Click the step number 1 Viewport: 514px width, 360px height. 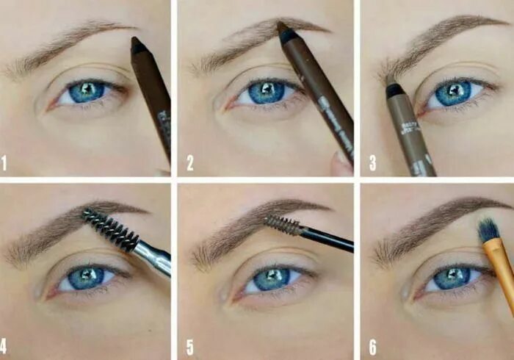click(x=4, y=163)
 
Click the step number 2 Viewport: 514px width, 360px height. click(x=189, y=163)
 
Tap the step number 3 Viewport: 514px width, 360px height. click(x=372, y=163)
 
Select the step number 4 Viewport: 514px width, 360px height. click(x=4, y=345)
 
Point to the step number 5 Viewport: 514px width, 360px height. click(x=189, y=345)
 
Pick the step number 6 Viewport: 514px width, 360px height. click(x=372, y=345)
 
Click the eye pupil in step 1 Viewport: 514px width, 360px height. click(x=87, y=92)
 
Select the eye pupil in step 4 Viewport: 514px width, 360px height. click(x=86, y=278)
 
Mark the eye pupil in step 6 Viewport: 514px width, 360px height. click(x=452, y=278)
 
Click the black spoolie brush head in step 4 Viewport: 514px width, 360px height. click(x=110, y=228)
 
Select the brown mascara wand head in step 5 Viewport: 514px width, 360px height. click(x=283, y=225)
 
